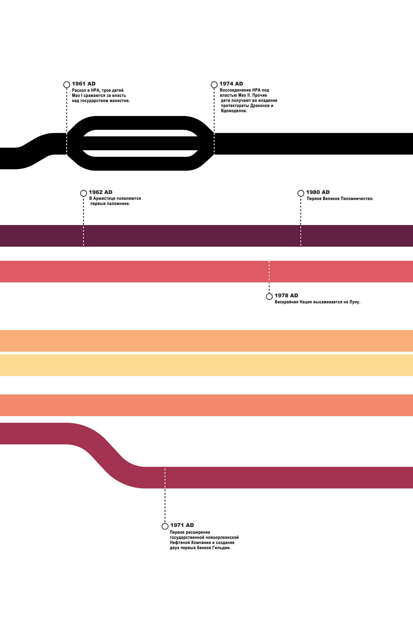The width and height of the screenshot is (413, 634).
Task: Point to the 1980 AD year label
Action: pyautogui.click(x=318, y=192)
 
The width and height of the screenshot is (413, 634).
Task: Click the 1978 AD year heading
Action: pyautogui.click(x=286, y=296)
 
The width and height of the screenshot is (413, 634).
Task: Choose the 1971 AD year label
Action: pyautogui.click(x=182, y=525)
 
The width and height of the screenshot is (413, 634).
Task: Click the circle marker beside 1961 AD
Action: pyautogui.click(x=67, y=85)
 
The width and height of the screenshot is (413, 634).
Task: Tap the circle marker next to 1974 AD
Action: pyautogui.click(x=214, y=85)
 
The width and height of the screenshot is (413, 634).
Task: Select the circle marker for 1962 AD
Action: pyautogui.click(x=83, y=193)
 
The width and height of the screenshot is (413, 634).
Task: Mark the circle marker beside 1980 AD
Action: pyautogui.click(x=301, y=193)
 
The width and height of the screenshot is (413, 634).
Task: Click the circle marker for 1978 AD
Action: pyautogui.click(x=269, y=296)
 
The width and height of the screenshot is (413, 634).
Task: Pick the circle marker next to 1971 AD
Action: pyautogui.click(x=165, y=526)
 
